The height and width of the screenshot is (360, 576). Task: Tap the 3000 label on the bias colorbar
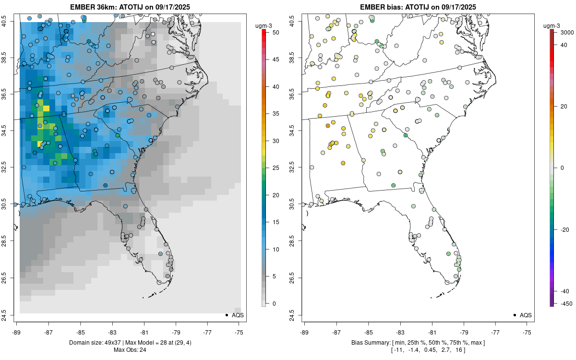point(563,32)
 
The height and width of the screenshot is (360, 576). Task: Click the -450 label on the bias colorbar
point(563,303)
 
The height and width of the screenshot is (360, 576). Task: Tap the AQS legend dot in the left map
point(227,315)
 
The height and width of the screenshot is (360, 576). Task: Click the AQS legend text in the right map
point(526,315)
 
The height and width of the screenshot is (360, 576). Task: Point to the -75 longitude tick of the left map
point(239,332)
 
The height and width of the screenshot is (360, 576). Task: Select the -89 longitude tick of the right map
point(305,332)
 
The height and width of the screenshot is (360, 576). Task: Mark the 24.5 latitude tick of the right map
point(298,315)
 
